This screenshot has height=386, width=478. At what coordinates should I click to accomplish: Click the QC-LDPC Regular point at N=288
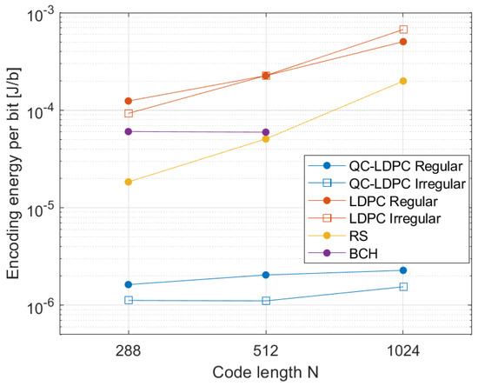coord(129,284)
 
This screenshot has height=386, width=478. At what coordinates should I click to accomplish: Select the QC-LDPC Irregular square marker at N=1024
coord(403,287)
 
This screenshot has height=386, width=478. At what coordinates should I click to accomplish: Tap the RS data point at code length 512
coord(266,139)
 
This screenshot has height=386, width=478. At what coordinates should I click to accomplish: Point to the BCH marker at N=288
coord(129,131)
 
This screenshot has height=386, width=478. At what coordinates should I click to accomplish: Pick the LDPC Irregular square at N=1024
coord(403,30)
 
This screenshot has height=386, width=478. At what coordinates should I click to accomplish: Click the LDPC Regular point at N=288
coord(129,101)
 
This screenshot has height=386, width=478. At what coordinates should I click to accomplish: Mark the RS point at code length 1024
coord(403,81)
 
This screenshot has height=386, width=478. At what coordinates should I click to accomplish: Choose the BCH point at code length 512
coord(266,132)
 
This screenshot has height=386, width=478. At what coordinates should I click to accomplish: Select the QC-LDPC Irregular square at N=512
coord(266,301)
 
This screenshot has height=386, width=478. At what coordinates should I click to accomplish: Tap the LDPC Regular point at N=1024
coord(403,42)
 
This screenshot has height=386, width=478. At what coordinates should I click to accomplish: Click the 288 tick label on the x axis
coord(129,351)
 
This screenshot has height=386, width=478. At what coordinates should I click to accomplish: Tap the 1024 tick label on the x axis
coord(403,351)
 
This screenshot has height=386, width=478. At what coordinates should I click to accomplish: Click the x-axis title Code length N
coord(266,372)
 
